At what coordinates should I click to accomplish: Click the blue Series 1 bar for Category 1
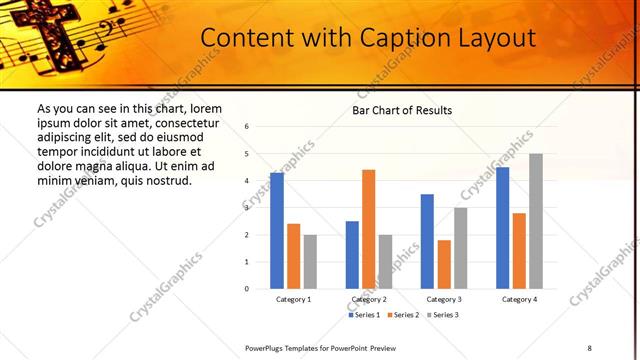coord(277,231)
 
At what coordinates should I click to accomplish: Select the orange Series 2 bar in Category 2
coord(369,229)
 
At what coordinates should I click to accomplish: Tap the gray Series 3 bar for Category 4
coord(536,221)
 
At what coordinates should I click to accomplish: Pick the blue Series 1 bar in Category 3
coord(427,241)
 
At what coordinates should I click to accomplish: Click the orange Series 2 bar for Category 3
coord(444,264)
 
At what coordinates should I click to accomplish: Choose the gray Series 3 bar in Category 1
coord(310,261)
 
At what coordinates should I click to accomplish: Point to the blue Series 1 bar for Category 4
coord(502,228)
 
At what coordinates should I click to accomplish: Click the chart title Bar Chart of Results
coord(402,110)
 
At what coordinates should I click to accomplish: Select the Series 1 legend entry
coord(367,315)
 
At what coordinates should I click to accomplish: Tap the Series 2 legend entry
coord(403,315)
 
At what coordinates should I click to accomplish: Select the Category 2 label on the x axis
coord(369,299)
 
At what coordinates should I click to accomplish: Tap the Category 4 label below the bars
coord(519,299)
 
